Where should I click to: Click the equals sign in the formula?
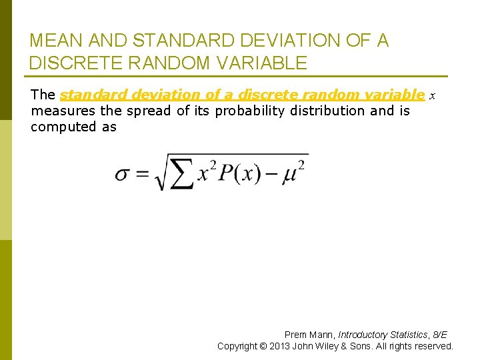[x=141, y=174]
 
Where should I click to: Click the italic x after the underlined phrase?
[x=432, y=96]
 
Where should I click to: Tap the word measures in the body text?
[x=63, y=111]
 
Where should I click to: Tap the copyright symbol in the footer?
[x=265, y=346]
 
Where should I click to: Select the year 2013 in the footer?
[x=280, y=346]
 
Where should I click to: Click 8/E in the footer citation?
[x=439, y=335]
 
